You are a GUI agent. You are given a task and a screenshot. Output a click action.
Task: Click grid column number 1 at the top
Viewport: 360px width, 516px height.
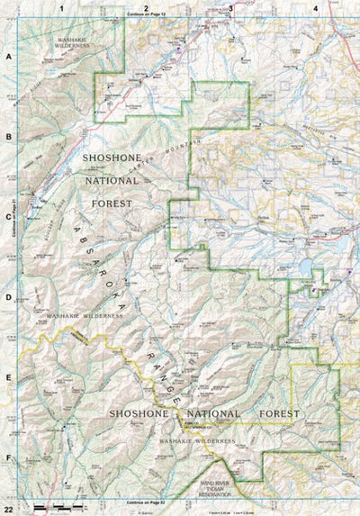pyautogui.click(x=61, y=8)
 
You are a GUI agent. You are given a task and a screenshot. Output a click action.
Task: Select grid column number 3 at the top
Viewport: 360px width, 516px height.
pyautogui.click(x=231, y=8)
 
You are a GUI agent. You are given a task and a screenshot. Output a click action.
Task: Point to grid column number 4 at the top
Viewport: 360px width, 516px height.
pyautogui.click(x=316, y=8)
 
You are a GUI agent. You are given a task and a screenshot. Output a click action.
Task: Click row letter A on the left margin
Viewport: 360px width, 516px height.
pyautogui.click(x=8, y=56)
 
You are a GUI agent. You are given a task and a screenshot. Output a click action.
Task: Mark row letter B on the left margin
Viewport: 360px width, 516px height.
pyautogui.click(x=8, y=137)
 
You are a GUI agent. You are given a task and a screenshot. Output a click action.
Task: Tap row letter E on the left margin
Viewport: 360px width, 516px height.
pyautogui.click(x=8, y=378)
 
